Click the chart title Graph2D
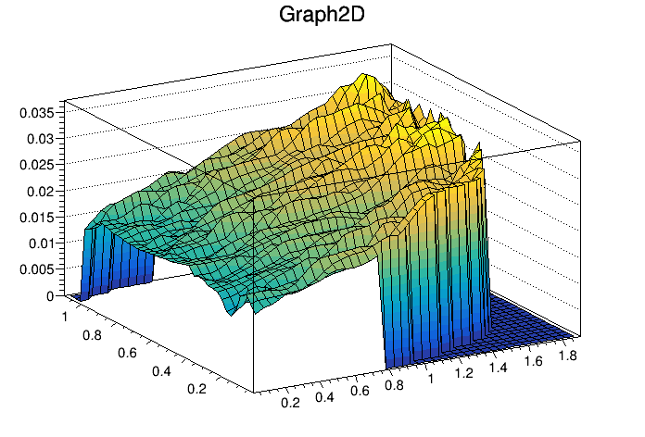coord(322,16)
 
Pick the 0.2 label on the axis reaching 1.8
coord(289,403)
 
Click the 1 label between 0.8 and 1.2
coord(430,380)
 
